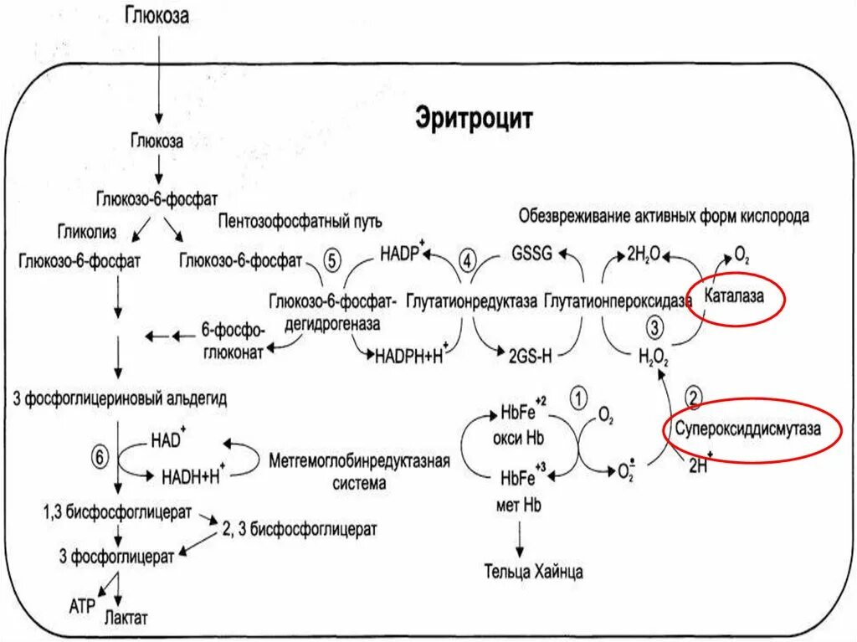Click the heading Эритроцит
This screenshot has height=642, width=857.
[x=474, y=119]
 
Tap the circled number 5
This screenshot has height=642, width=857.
[x=331, y=260]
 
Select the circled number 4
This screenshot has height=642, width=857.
[x=467, y=260]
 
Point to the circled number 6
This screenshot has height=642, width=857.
[x=100, y=457]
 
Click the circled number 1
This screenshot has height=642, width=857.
[x=578, y=397]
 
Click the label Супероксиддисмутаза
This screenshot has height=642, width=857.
[x=748, y=428]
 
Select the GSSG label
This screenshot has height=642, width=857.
[x=531, y=254]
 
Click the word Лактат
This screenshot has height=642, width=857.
[x=126, y=618]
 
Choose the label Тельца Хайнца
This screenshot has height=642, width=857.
[x=533, y=573]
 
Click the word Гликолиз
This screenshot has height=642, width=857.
[x=87, y=229]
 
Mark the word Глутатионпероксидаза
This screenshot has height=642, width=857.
[x=615, y=300]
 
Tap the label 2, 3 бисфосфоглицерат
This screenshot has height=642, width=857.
[x=298, y=528]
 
